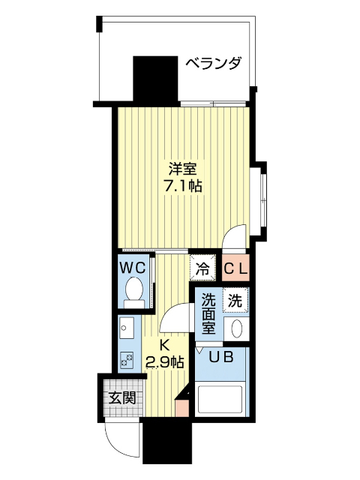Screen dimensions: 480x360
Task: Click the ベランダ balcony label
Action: pos(214,63)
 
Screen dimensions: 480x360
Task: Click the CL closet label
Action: pos(237,266)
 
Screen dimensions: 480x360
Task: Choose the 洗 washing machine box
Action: pos(235,301)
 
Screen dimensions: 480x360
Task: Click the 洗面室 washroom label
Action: pos(208,313)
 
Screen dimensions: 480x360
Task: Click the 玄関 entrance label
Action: pos(120,397)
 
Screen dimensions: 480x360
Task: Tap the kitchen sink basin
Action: pos(125,328)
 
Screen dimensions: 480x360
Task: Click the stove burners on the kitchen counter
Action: pos(125,358)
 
